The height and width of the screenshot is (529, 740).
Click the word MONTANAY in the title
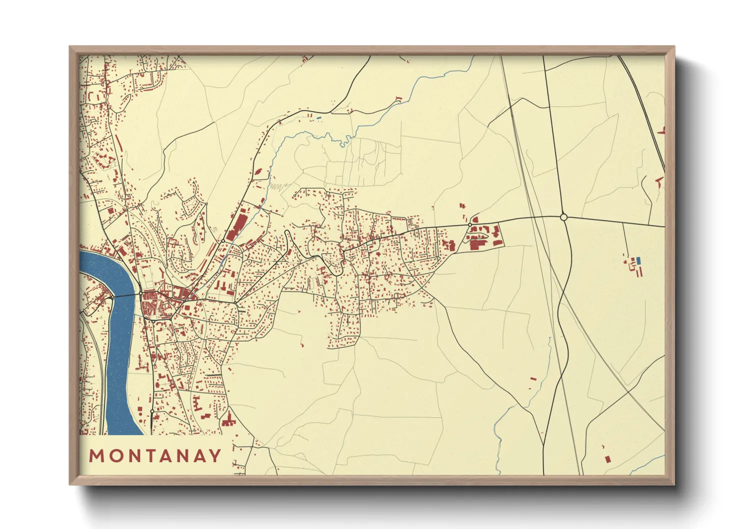coord(155,455)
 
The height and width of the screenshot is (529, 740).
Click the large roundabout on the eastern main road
coord(563,217)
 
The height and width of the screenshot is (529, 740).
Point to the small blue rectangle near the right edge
coord(638,260)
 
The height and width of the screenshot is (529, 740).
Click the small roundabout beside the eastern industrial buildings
coord(469,226)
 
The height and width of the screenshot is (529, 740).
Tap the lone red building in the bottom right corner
coord(607,458)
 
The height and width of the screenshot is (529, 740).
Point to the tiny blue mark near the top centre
coord(318,118)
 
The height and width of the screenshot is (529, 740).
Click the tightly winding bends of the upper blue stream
coord(344,141)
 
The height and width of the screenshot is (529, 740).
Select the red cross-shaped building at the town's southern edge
coord(229,421)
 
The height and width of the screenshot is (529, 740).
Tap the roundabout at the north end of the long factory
coord(222,241)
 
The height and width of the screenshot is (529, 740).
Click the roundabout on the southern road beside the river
coord(152,411)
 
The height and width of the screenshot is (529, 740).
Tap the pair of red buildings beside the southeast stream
coord(532,382)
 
